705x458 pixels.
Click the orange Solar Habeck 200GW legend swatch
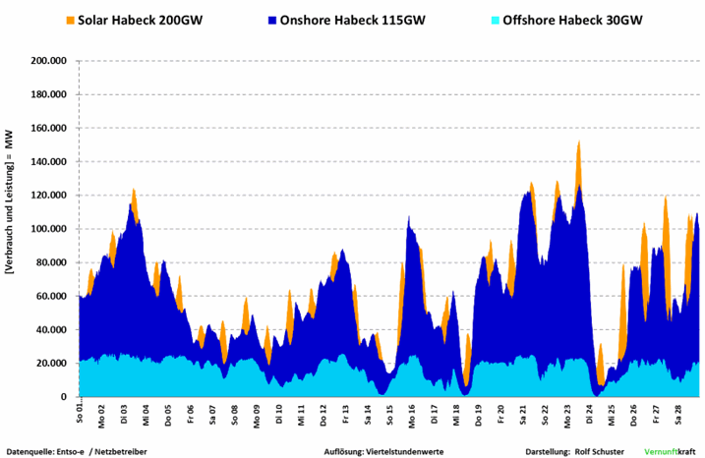(x=70, y=20)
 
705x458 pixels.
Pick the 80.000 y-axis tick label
(x=51, y=262)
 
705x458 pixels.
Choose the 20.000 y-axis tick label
(x=51, y=364)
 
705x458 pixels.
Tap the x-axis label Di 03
(x=124, y=412)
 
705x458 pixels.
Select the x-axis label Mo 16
(x=412, y=412)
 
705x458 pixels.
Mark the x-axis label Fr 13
(x=345, y=412)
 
